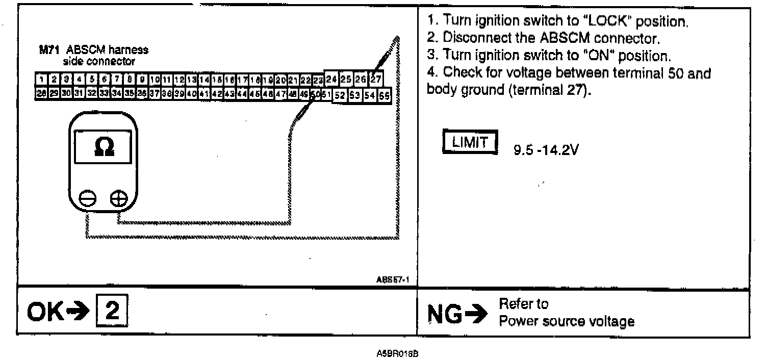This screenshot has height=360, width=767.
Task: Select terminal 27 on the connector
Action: tap(376, 79)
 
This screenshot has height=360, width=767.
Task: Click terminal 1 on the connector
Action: tap(40, 80)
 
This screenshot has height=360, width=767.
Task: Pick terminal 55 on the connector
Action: tap(384, 95)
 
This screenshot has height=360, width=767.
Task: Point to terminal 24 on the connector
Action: tap(332, 79)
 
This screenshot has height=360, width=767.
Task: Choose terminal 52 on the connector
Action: tap(340, 95)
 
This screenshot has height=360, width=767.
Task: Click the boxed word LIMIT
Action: tap(470, 142)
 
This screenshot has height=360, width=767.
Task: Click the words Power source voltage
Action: tap(567, 321)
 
